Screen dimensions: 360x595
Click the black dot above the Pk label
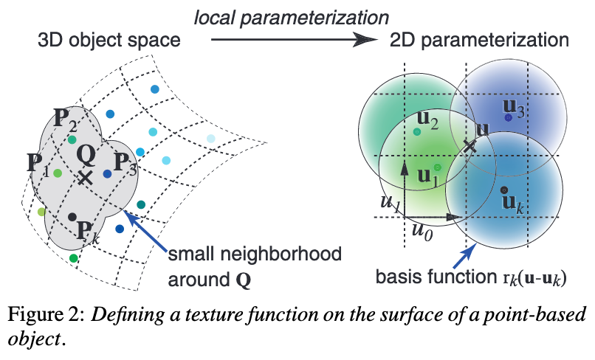coord(72,216)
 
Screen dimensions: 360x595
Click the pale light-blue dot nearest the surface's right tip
coord(211,139)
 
